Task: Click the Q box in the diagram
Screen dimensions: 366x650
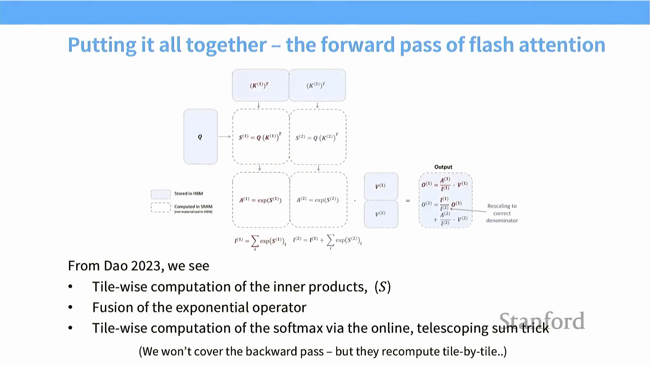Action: pos(200,137)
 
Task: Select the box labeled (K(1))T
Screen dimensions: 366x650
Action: pos(260,85)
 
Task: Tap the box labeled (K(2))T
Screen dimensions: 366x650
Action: pos(317,85)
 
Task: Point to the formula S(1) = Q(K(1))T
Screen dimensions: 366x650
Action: pos(260,137)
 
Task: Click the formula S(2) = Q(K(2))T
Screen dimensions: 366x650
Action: pos(317,137)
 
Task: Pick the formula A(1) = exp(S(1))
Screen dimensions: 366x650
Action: pos(260,200)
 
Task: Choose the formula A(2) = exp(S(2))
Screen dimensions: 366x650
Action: pos(318,200)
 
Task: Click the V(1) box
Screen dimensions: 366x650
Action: pos(381,186)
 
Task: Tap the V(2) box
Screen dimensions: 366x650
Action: pos(381,214)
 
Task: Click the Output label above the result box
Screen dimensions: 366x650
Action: pos(443,167)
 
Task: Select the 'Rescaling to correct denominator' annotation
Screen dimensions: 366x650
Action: pos(502,213)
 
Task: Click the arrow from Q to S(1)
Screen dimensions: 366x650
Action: pos(224,137)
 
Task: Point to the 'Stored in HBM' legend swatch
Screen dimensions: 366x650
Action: pos(160,194)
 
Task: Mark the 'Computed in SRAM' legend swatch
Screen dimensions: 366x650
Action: pos(160,207)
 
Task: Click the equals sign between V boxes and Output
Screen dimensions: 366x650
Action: pos(408,201)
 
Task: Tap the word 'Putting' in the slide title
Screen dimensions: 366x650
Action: pos(102,45)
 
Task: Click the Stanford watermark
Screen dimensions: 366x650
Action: pos(542,321)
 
